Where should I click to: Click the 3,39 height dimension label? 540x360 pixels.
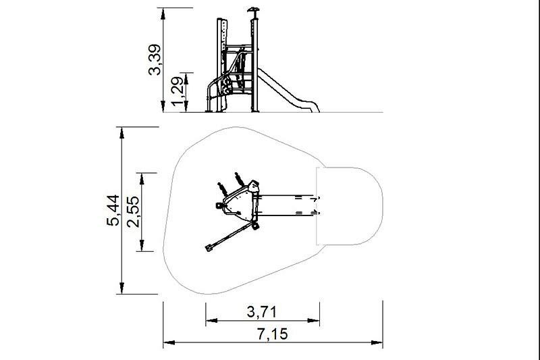[x=155, y=59]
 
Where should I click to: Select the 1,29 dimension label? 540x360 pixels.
[x=178, y=92]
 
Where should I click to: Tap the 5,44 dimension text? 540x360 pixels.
[x=113, y=211]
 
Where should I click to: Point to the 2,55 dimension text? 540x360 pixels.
[x=133, y=211]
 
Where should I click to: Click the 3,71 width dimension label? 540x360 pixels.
[x=262, y=312]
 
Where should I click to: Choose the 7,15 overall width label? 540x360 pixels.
[x=272, y=334]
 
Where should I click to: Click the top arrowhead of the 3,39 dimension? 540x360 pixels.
[x=163, y=14]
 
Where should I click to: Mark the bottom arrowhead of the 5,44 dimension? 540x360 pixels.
[x=122, y=288]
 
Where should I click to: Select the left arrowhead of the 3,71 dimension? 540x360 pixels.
[x=212, y=320]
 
